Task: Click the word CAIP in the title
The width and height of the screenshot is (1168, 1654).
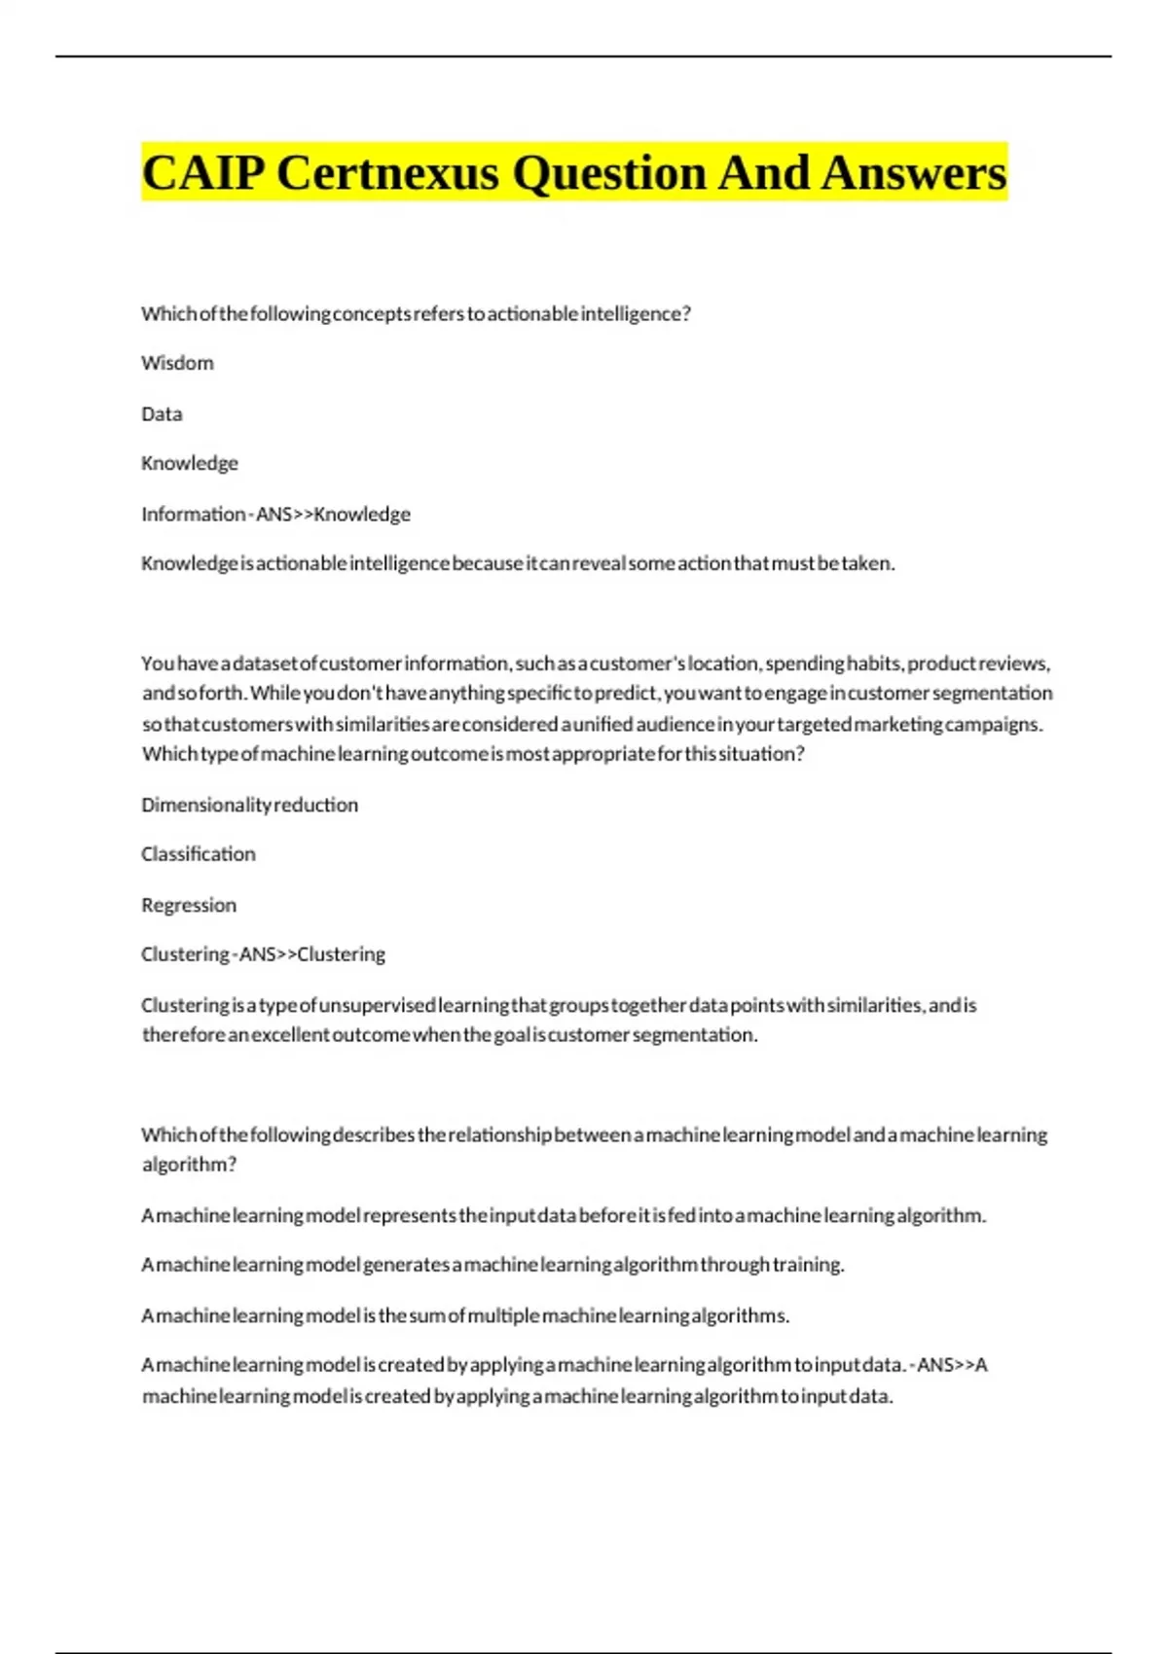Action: [x=202, y=173]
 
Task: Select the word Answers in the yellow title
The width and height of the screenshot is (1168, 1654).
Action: [x=913, y=173]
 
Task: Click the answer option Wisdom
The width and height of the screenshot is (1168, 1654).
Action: [x=177, y=363]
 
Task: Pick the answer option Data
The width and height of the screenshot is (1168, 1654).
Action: [x=162, y=414]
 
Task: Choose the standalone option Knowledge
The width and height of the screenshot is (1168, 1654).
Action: [x=190, y=463]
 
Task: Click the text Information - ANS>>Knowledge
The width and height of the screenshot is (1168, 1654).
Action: [x=275, y=514]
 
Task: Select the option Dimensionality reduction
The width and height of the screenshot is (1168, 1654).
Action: [x=249, y=805]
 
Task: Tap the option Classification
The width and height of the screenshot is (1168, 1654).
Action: [x=199, y=854]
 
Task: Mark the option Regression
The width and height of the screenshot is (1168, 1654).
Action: [x=189, y=905]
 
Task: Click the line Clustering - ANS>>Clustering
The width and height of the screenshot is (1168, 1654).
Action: [x=263, y=954]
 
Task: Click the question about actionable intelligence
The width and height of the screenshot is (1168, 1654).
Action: [x=416, y=313]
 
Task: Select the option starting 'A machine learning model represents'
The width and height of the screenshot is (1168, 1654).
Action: [x=564, y=1215]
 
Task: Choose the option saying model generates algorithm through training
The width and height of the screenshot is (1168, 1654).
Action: [x=493, y=1265]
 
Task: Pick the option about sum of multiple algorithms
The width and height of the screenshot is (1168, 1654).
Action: [x=465, y=1315]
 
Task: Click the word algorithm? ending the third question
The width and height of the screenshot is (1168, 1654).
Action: [x=189, y=1165]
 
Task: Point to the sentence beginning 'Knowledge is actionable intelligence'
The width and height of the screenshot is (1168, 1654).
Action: [x=518, y=563]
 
